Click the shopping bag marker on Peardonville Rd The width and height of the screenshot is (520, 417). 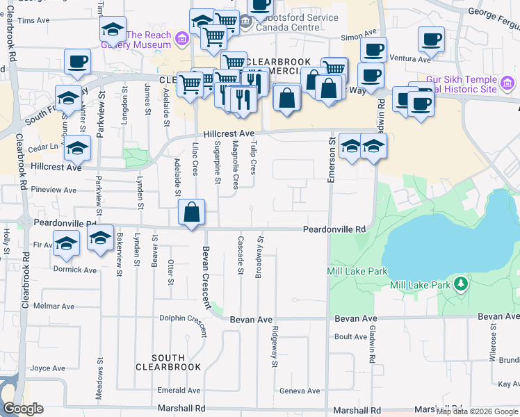[x=193, y=212]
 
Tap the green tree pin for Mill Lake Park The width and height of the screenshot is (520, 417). [x=460, y=284]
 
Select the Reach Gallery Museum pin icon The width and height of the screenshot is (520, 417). [x=183, y=38]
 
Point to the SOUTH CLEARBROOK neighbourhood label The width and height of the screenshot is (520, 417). [x=161, y=361]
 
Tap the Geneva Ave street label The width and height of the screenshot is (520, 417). [x=299, y=391]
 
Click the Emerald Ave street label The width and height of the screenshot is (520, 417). [x=179, y=391]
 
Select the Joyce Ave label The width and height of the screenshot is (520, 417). [x=47, y=368]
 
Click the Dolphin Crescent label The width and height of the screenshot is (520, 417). [x=183, y=318]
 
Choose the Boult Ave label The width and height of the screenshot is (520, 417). [x=346, y=337]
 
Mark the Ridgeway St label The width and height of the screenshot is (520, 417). [x=275, y=346]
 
